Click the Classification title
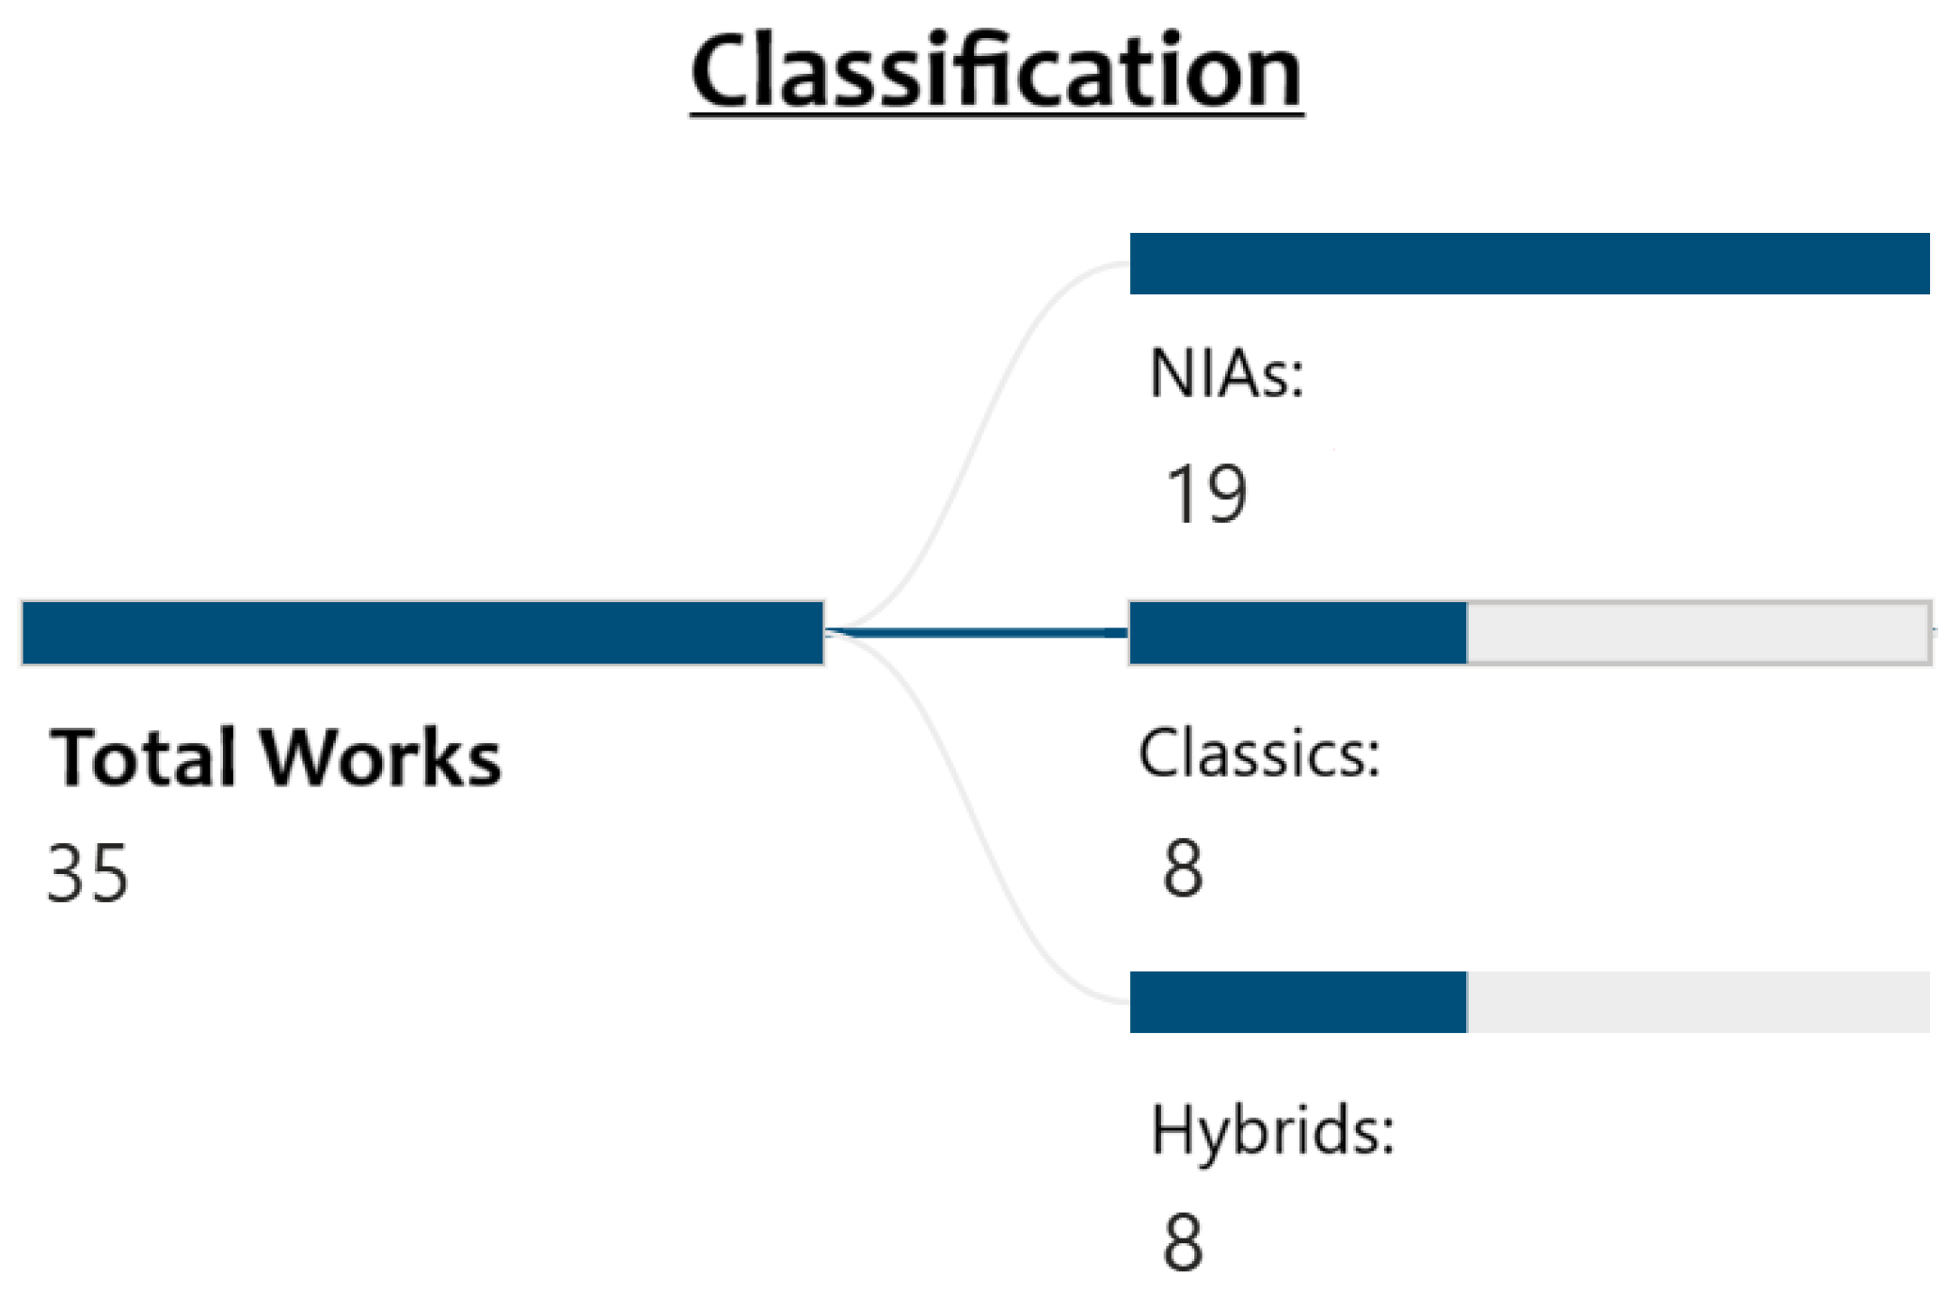[996, 70]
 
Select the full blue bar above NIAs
[1529, 264]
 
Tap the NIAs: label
[1227, 374]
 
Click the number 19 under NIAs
[1206, 494]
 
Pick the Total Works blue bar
[422, 633]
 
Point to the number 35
[88, 873]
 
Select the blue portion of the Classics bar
[1298, 633]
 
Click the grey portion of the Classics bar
[1697, 633]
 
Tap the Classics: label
[1259, 753]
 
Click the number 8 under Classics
[1183, 869]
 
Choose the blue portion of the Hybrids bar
[1298, 1002]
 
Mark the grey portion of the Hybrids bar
[1697, 1002]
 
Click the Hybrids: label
[1273, 1130]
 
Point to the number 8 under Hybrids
[1183, 1242]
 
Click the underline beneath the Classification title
[996, 115]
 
